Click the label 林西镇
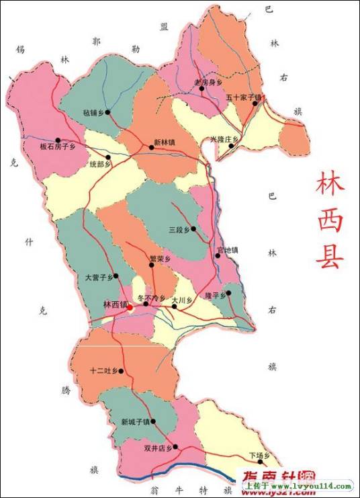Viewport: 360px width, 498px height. [x=114, y=304]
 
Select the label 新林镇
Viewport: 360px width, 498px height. [x=165, y=142]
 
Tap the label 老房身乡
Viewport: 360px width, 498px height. [x=208, y=82]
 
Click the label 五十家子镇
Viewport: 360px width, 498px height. [x=242, y=97]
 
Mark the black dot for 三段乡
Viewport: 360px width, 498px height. [x=193, y=229]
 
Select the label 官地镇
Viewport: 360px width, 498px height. [x=227, y=251]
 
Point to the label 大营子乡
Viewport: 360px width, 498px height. [x=99, y=276]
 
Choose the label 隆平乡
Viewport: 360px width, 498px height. [x=216, y=295]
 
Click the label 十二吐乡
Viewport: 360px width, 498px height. [x=104, y=371]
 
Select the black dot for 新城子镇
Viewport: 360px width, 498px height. [x=153, y=422]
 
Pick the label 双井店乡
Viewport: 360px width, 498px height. [x=159, y=446]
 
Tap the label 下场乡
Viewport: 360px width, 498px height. [x=259, y=455]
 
